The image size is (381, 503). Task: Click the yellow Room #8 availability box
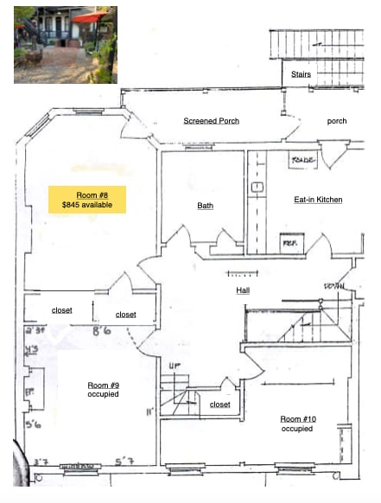[x=87, y=199]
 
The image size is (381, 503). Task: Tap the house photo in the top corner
[x=65, y=45]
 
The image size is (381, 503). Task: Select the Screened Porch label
[x=211, y=121]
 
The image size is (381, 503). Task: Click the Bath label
[x=205, y=206]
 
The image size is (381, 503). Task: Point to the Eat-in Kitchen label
[x=318, y=200]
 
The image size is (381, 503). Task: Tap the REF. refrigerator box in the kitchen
[x=291, y=244]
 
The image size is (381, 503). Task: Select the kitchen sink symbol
[x=257, y=187]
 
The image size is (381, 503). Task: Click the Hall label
[x=243, y=290]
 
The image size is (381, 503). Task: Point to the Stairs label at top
[x=301, y=74]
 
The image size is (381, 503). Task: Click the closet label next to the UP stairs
[x=220, y=404]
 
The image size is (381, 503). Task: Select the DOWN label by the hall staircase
[x=335, y=286]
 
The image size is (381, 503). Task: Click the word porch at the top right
[x=336, y=121]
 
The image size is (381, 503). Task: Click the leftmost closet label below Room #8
[x=61, y=310]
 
